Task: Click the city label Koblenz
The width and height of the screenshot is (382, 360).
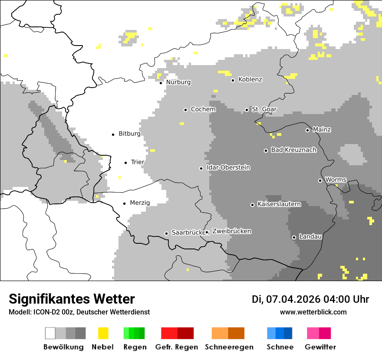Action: click(x=250, y=79)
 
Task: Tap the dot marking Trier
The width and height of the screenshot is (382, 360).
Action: click(x=126, y=163)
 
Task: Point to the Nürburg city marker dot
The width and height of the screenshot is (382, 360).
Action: click(x=161, y=82)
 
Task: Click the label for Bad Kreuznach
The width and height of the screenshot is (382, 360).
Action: click(x=293, y=150)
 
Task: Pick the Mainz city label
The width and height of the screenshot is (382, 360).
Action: click(x=322, y=129)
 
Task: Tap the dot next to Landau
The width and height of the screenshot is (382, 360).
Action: click(x=294, y=237)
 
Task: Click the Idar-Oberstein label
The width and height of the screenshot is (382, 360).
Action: click(x=228, y=167)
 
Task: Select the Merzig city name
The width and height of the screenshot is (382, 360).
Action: click(x=140, y=203)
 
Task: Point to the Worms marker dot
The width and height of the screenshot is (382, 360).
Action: click(x=320, y=180)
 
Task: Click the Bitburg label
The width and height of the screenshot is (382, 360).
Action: click(x=129, y=134)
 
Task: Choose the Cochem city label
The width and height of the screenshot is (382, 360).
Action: click(x=203, y=109)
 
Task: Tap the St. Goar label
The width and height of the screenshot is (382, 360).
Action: click(x=264, y=109)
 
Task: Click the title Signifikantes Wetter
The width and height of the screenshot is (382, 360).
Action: click(x=72, y=299)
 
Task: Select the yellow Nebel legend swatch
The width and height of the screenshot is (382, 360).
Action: click(x=103, y=333)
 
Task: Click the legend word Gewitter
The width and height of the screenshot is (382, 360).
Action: click(x=320, y=347)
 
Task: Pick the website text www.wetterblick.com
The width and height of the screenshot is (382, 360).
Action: click(x=313, y=312)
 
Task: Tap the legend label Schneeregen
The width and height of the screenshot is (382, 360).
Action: click(x=229, y=347)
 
